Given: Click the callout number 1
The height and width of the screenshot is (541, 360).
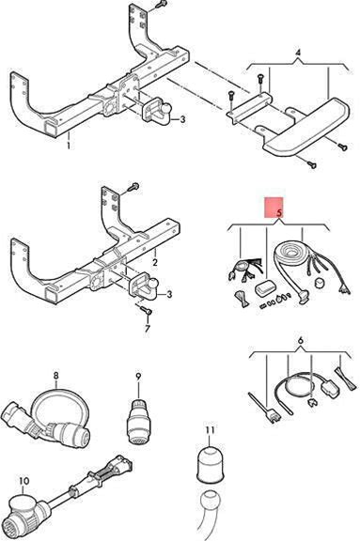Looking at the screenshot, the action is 69,145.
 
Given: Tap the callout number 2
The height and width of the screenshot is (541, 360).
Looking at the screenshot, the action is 155,262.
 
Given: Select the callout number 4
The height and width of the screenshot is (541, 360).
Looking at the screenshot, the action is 298,54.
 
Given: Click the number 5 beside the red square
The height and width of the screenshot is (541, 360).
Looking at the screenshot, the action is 279,213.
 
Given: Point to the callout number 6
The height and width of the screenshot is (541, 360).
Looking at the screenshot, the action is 301,341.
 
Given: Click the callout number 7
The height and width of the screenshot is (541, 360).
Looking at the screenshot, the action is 148,328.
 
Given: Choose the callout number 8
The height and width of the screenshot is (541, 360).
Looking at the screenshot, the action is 56,375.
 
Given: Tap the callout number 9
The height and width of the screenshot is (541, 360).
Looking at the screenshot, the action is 138,377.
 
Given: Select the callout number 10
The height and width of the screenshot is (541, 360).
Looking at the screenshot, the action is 24,481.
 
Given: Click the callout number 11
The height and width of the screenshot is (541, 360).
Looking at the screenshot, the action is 211,430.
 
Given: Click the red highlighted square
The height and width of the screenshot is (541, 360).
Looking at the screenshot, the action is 274,207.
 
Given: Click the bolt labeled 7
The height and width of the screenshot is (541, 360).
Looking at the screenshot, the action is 146,310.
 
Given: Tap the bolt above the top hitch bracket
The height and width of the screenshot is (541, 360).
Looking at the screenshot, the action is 160,5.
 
